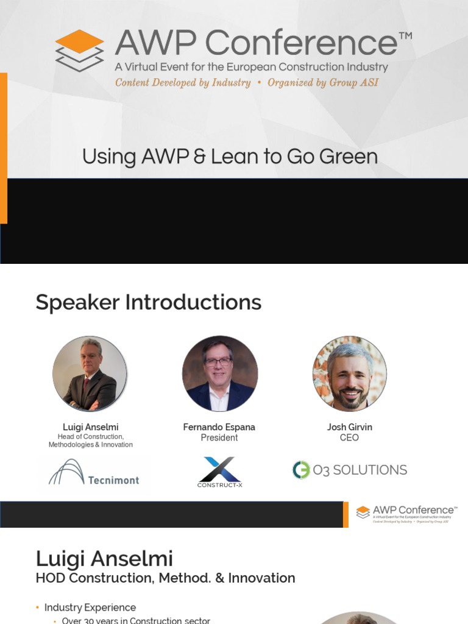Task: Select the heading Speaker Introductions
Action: click(x=148, y=302)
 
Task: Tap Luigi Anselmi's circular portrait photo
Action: click(x=90, y=373)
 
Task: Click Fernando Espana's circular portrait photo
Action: click(x=219, y=373)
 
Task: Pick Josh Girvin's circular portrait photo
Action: click(x=349, y=373)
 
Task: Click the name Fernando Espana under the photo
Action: click(x=219, y=427)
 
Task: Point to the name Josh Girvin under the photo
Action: click(x=349, y=427)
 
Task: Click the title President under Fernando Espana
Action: click(x=219, y=438)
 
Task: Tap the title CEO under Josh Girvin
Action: click(x=349, y=438)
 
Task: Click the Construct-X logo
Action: click(x=219, y=472)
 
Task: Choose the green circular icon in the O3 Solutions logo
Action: click(x=301, y=470)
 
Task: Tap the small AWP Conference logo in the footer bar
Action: click(x=406, y=514)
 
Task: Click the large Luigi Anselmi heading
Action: click(x=104, y=559)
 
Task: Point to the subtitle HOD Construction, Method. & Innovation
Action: click(x=165, y=578)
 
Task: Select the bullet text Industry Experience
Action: click(x=90, y=608)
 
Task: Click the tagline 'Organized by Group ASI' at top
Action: click(x=322, y=82)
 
